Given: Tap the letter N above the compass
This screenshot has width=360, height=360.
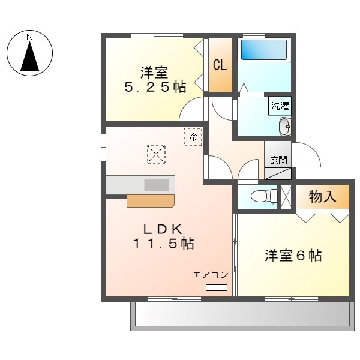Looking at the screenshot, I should (x=29, y=37).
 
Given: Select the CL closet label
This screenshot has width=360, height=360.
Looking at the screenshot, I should (x=220, y=65).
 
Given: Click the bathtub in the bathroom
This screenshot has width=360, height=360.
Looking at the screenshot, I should (x=264, y=50).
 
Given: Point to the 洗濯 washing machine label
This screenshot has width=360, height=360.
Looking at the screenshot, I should (x=280, y=106).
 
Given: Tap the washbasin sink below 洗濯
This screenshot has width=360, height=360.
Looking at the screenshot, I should (x=284, y=126).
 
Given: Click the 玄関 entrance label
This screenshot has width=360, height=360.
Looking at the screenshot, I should (x=278, y=160).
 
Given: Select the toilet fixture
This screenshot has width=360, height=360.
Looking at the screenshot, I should (x=262, y=196).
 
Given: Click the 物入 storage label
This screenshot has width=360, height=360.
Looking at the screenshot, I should (x=322, y=196).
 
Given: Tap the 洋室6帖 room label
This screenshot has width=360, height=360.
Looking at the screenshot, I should (x=293, y=256).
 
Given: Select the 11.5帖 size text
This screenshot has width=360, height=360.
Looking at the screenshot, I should (x=163, y=244).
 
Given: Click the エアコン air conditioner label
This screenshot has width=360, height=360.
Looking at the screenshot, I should (x=210, y=275).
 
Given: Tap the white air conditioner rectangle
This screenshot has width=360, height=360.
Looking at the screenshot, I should (x=217, y=288).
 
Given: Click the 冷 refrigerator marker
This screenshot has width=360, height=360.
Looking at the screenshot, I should (x=193, y=137).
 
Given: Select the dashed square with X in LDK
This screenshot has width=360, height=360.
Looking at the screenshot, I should (x=156, y=154).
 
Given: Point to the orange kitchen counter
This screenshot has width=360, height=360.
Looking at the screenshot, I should (x=150, y=200).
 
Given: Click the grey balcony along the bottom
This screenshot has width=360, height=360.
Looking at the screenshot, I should (x=240, y=315).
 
